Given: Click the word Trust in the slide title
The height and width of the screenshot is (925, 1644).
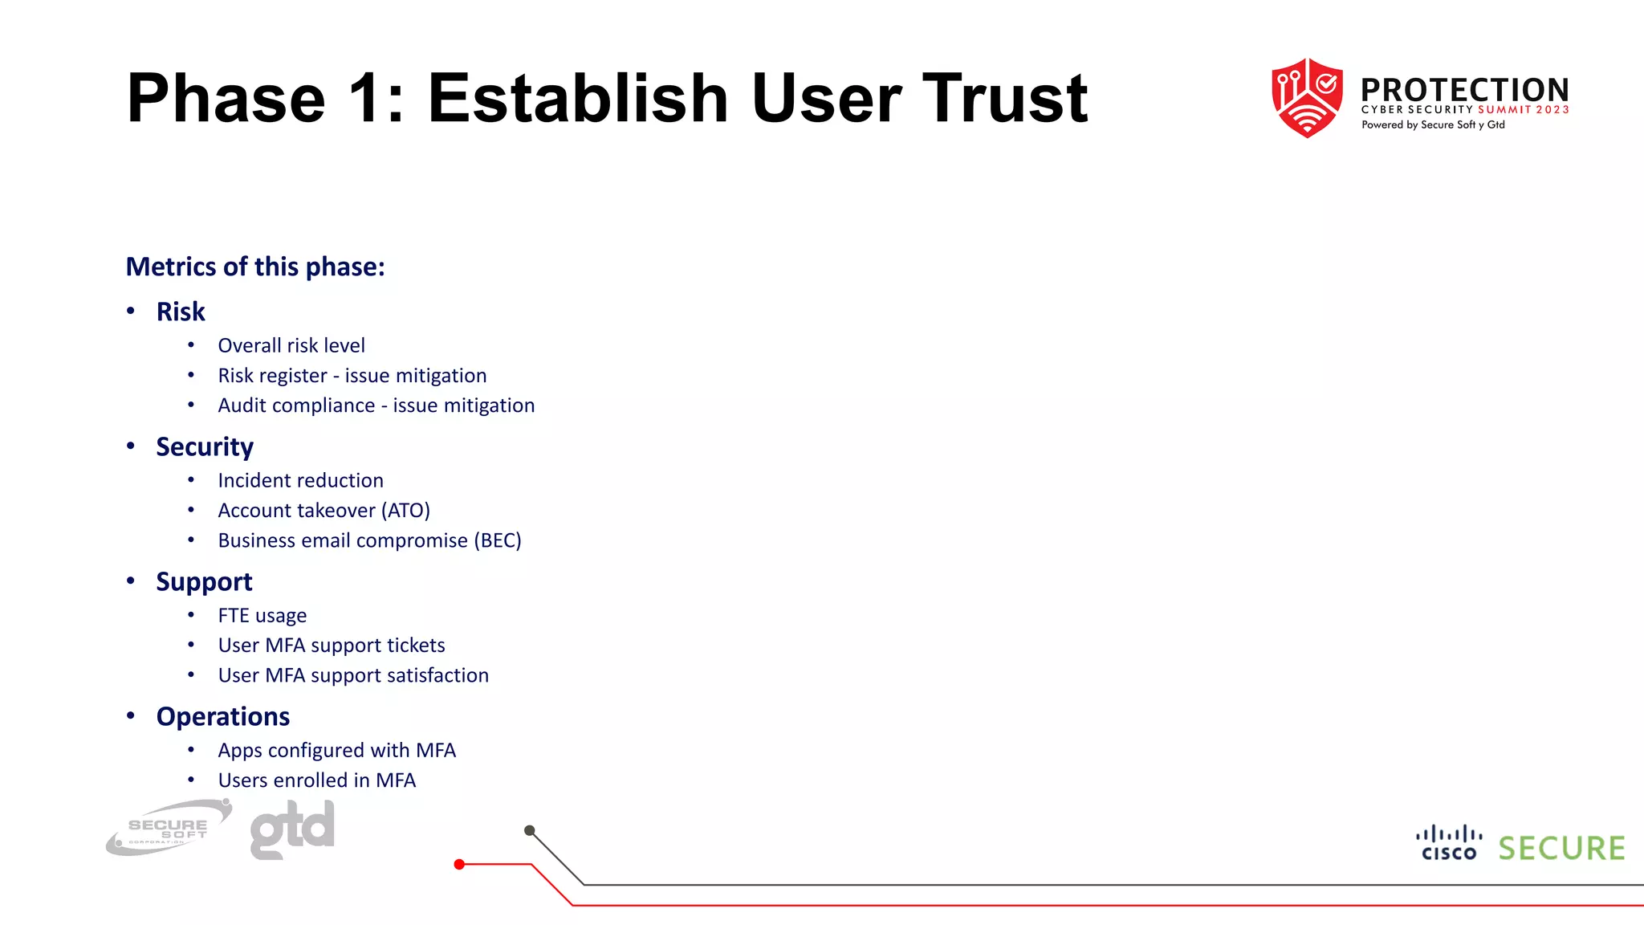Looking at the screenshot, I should [1004, 99].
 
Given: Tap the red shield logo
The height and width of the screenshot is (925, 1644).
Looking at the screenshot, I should [1307, 97].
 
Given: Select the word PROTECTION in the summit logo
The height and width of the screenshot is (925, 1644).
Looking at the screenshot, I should [1464, 90].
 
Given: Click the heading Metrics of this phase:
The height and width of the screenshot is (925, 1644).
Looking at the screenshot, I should [255, 267].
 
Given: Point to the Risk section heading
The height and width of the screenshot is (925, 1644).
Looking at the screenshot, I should [181, 312].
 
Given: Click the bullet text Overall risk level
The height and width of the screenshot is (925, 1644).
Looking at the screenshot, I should [291, 345].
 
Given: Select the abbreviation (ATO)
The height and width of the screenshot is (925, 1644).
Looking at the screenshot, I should [405, 511].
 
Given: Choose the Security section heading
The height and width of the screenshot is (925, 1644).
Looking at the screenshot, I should [205, 446].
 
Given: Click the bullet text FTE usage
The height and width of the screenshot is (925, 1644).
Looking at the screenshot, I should [262, 616].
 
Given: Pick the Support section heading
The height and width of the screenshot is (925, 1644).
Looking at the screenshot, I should [204, 581].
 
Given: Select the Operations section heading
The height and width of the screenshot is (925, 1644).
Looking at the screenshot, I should [223, 716].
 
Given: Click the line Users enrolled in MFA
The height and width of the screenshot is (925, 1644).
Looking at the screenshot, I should [317, 780].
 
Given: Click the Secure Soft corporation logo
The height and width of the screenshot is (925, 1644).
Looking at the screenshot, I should [169, 828].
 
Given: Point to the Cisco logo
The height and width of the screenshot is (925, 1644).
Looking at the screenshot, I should [1449, 843].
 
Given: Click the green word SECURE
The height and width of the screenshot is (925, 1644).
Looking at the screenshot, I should [1561, 849].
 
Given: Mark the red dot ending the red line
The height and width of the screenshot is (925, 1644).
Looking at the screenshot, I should [459, 865].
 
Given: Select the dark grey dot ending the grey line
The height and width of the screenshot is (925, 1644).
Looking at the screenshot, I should [529, 830].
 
